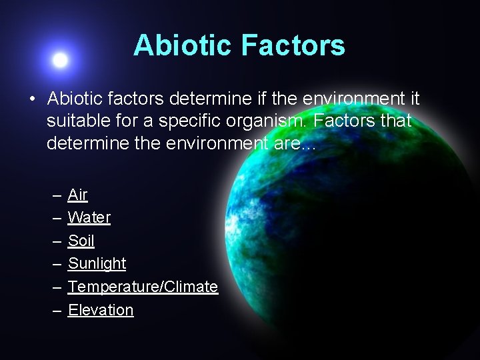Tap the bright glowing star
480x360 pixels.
[x=60, y=61]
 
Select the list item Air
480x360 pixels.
[x=77, y=195]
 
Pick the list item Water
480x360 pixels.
[x=89, y=217]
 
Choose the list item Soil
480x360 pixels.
[x=81, y=241]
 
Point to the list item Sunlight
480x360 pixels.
[x=97, y=263]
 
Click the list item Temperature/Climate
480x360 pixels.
[x=143, y=287]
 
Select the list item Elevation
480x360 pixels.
[x=101, y=310]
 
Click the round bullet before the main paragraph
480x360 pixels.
[x=31, y=100]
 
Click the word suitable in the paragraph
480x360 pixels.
[x=74, y=122]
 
